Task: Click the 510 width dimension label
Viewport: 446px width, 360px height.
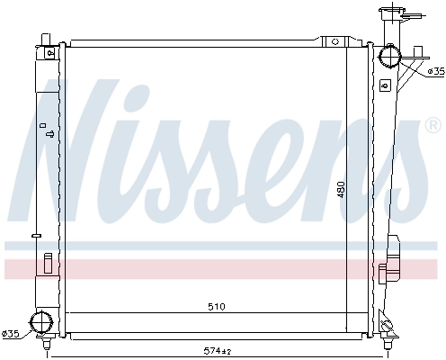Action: pyautogui.click(x=216, y=307)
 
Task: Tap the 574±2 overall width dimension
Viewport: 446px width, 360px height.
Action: pyautogui.click(x=217, y=349)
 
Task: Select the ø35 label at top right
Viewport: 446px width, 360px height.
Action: pyautogui.click(x=434, y=70)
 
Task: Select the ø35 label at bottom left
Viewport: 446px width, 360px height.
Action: pyautogui.click(x=11, y=335)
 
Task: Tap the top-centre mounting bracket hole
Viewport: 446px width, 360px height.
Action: pyautogui.click(x=334, y=41)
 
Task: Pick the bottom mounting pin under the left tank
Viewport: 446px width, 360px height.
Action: pyautogui.click(x=47, y=343)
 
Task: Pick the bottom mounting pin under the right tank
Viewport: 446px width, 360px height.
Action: pyautogui.click(x=388, y=344)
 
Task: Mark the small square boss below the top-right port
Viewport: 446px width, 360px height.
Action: pyautogui.click(x=386, y=85)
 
